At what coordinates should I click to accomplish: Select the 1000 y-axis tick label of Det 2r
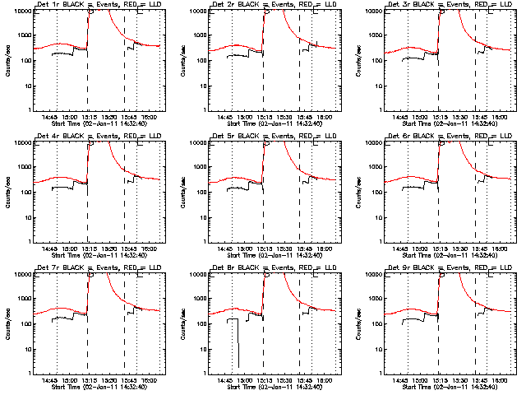[x=198, y=35]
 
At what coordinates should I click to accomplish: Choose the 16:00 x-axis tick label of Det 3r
[x=500, y=118]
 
